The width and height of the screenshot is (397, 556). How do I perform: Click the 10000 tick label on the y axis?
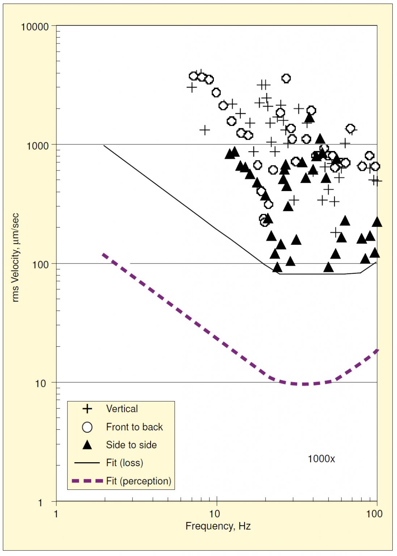click(34, 27)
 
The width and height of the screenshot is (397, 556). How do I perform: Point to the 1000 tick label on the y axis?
click(37, 146)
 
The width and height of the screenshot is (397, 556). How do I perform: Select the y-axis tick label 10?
click(41, 384)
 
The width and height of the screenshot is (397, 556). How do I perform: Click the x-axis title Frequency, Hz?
click(218, 526)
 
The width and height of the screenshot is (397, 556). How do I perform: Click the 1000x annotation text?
click(321, 459)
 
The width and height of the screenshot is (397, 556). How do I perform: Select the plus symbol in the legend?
click(87, 409)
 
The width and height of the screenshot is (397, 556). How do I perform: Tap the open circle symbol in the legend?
click(87, 427)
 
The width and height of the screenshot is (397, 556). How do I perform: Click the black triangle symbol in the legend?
click(87, 445)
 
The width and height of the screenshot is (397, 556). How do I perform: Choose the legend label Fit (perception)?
click(139, 481)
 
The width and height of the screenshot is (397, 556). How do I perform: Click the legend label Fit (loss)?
click(124, 463)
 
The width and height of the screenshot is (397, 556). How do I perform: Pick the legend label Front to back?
click(134, 427)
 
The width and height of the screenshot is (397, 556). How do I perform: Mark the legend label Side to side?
click(131, 445)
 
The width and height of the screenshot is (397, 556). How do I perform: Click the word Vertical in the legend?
click(122, 409)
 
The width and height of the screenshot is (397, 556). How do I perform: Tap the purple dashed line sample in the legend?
click(87, 481)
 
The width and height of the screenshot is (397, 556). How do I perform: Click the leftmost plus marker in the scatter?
click(191, 87)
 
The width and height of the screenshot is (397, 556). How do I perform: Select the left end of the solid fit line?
click(104, 146)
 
